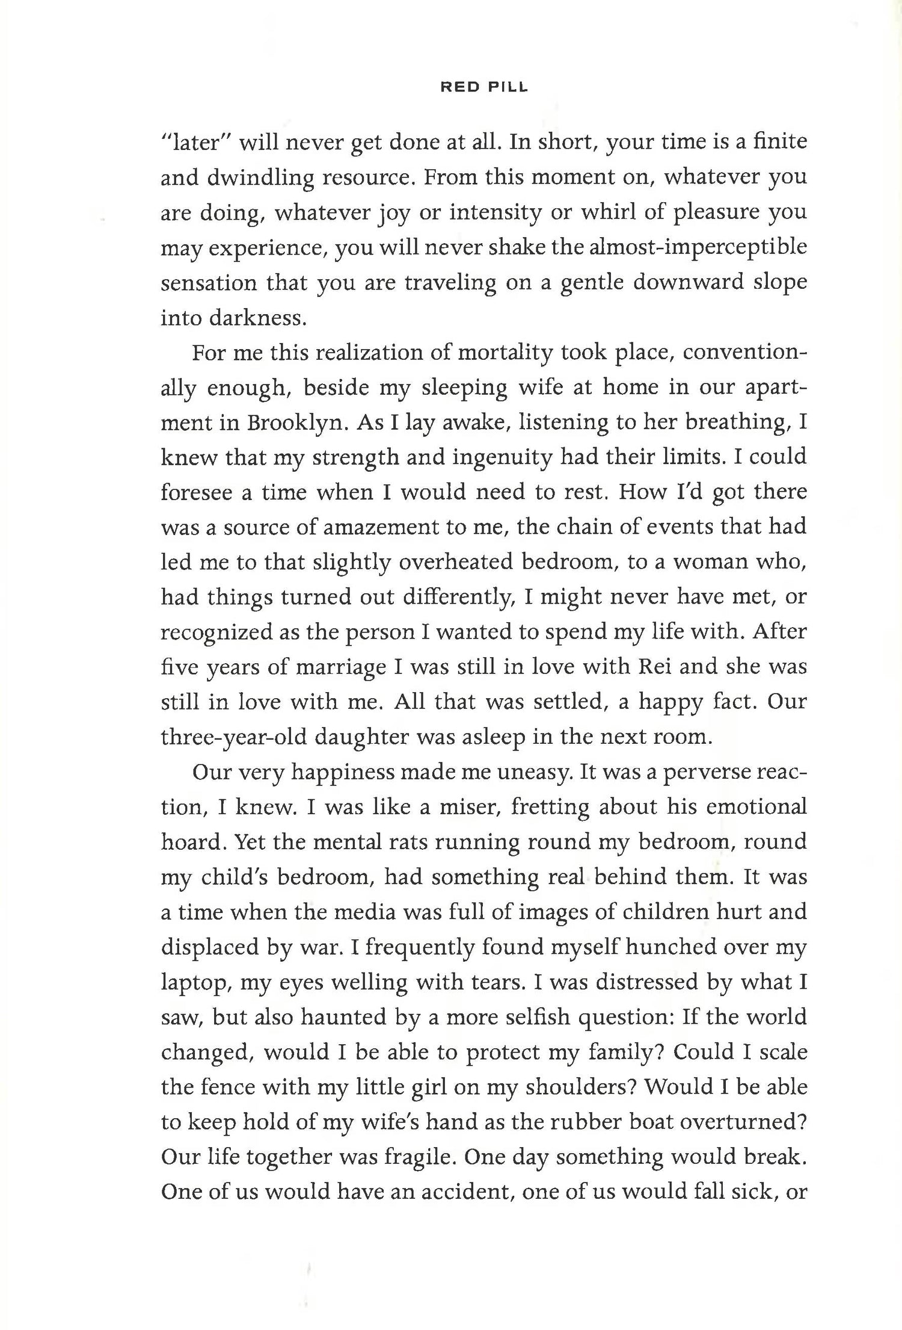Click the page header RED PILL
point(484,87)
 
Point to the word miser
point(465,807)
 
